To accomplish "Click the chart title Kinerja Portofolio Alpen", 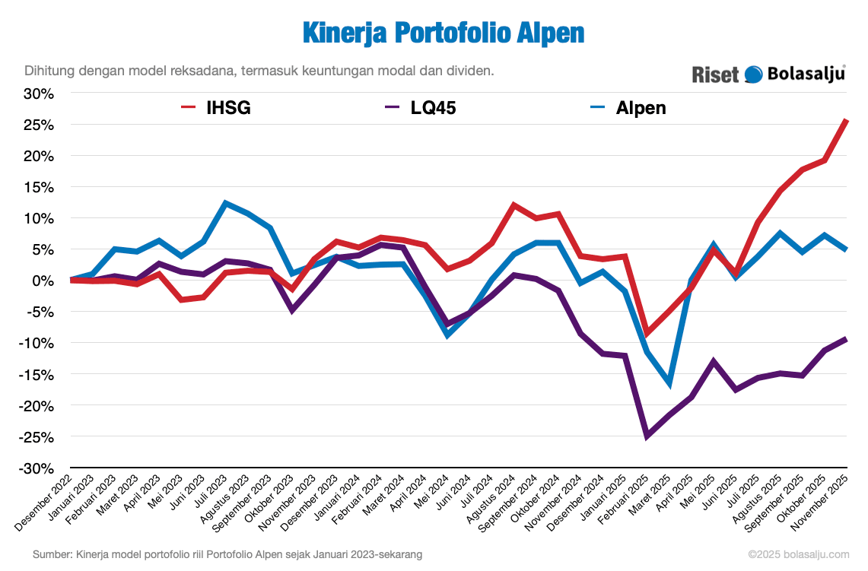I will [x=444, y=33].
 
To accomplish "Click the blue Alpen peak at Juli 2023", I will [x=226, y=203].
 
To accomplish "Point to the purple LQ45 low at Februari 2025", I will [x=647, y=436].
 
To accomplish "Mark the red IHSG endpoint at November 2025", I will [x=847, y=120].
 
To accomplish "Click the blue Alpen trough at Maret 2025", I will [x=669, y=383].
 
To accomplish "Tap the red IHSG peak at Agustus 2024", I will [x=514, y=205].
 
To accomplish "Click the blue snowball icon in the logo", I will [x=753, y=74].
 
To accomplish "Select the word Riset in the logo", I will [x=715, y=75].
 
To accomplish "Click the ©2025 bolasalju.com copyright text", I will [x=798, y=556].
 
